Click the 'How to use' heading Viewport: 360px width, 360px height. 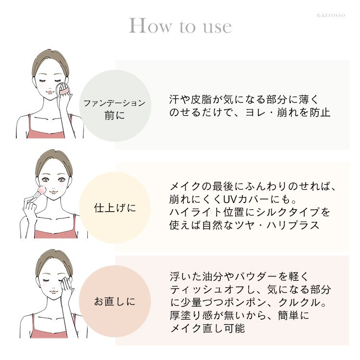point(180,26)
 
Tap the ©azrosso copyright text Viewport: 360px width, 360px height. point(331,15)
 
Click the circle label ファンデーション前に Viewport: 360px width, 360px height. point(115,109)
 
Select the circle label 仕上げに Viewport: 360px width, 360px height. point(115,208)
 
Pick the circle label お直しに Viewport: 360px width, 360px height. point(115,301)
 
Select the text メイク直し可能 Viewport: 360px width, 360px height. point(207,328)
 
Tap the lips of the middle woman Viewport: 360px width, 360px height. point(53,192)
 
